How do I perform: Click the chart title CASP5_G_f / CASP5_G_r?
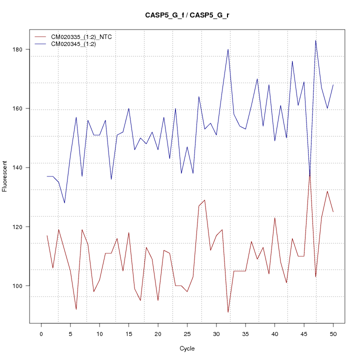187,15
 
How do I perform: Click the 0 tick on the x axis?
41,333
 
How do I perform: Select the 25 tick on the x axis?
187,333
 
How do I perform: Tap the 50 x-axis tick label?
333,333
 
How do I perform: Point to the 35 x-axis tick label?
245,333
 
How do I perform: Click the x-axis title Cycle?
187,348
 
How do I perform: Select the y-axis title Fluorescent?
5,176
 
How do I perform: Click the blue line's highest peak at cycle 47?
315,40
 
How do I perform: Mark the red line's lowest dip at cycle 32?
228,312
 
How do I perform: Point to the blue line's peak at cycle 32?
228,49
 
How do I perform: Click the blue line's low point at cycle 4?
64,202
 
